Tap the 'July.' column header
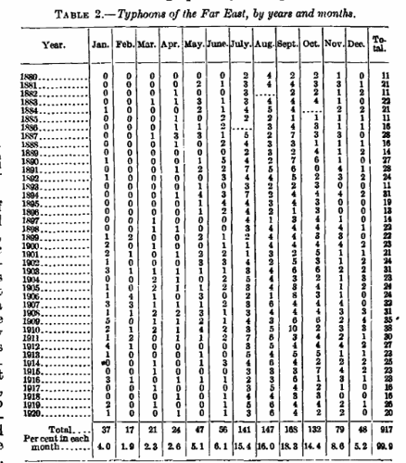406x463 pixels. coord(245,44)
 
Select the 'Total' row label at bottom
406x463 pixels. coord(46,431)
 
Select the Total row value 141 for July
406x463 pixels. coord(245,431)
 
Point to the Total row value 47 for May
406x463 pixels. coord(197,431)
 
